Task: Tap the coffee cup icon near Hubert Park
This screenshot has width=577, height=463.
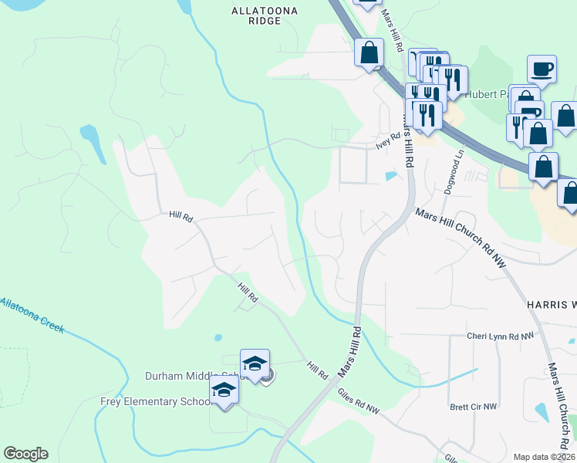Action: [x=542, y=69]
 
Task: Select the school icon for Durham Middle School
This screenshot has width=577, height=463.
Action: [x=255, y=363]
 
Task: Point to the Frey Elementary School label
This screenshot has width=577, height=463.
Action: [x=155, y=401]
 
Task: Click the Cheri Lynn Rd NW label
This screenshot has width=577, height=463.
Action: [x=500, y=336]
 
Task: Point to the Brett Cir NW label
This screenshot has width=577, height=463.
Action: [x=474, y=406]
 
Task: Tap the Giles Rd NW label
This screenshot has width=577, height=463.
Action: [x=359, y=401]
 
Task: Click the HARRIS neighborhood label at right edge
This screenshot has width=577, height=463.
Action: [x=551, y=305]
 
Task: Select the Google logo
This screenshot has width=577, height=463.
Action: [x=25, y=454]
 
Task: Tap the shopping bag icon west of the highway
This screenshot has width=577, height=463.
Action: [x=369, y=53]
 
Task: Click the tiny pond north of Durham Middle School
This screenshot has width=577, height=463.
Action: [x=218, y=338]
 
